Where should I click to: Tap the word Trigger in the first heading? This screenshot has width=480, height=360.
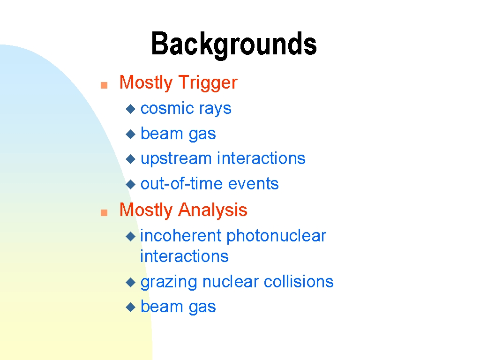pyautogui.click(x=208, y=82)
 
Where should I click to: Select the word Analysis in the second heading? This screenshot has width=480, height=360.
pyautogui.click(x=213, y=210)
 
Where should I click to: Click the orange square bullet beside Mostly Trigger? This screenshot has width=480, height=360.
pyautogui.click(x=104, y=85)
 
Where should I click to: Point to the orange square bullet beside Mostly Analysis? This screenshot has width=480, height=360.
pyautogui.click(x=104, y=212)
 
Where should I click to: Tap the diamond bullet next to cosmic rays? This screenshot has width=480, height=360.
pyautogui.click(x=131, y=109)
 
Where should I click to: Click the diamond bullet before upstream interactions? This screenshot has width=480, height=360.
pyautogui.click(x=131, y=159)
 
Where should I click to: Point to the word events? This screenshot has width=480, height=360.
pyautogui.click(x=253, y=184)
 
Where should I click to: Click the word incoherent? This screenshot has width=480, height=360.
pyautogui.click(x=181, y=236)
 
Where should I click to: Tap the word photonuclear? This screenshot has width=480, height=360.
pyautogui.click(x=277, y=236)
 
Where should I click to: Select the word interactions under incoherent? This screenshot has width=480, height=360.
pyautogui.click(x=184, y=256)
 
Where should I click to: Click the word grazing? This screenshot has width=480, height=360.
pyautogui.click(x=169, y=282)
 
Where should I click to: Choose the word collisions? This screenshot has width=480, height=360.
pyautogui.click(x=299, y=282)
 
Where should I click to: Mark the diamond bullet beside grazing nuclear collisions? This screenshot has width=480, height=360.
pyautogui.click(x=131, y=282)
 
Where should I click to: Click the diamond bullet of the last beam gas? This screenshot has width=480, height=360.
pyautogui.click(x=131, y=307)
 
